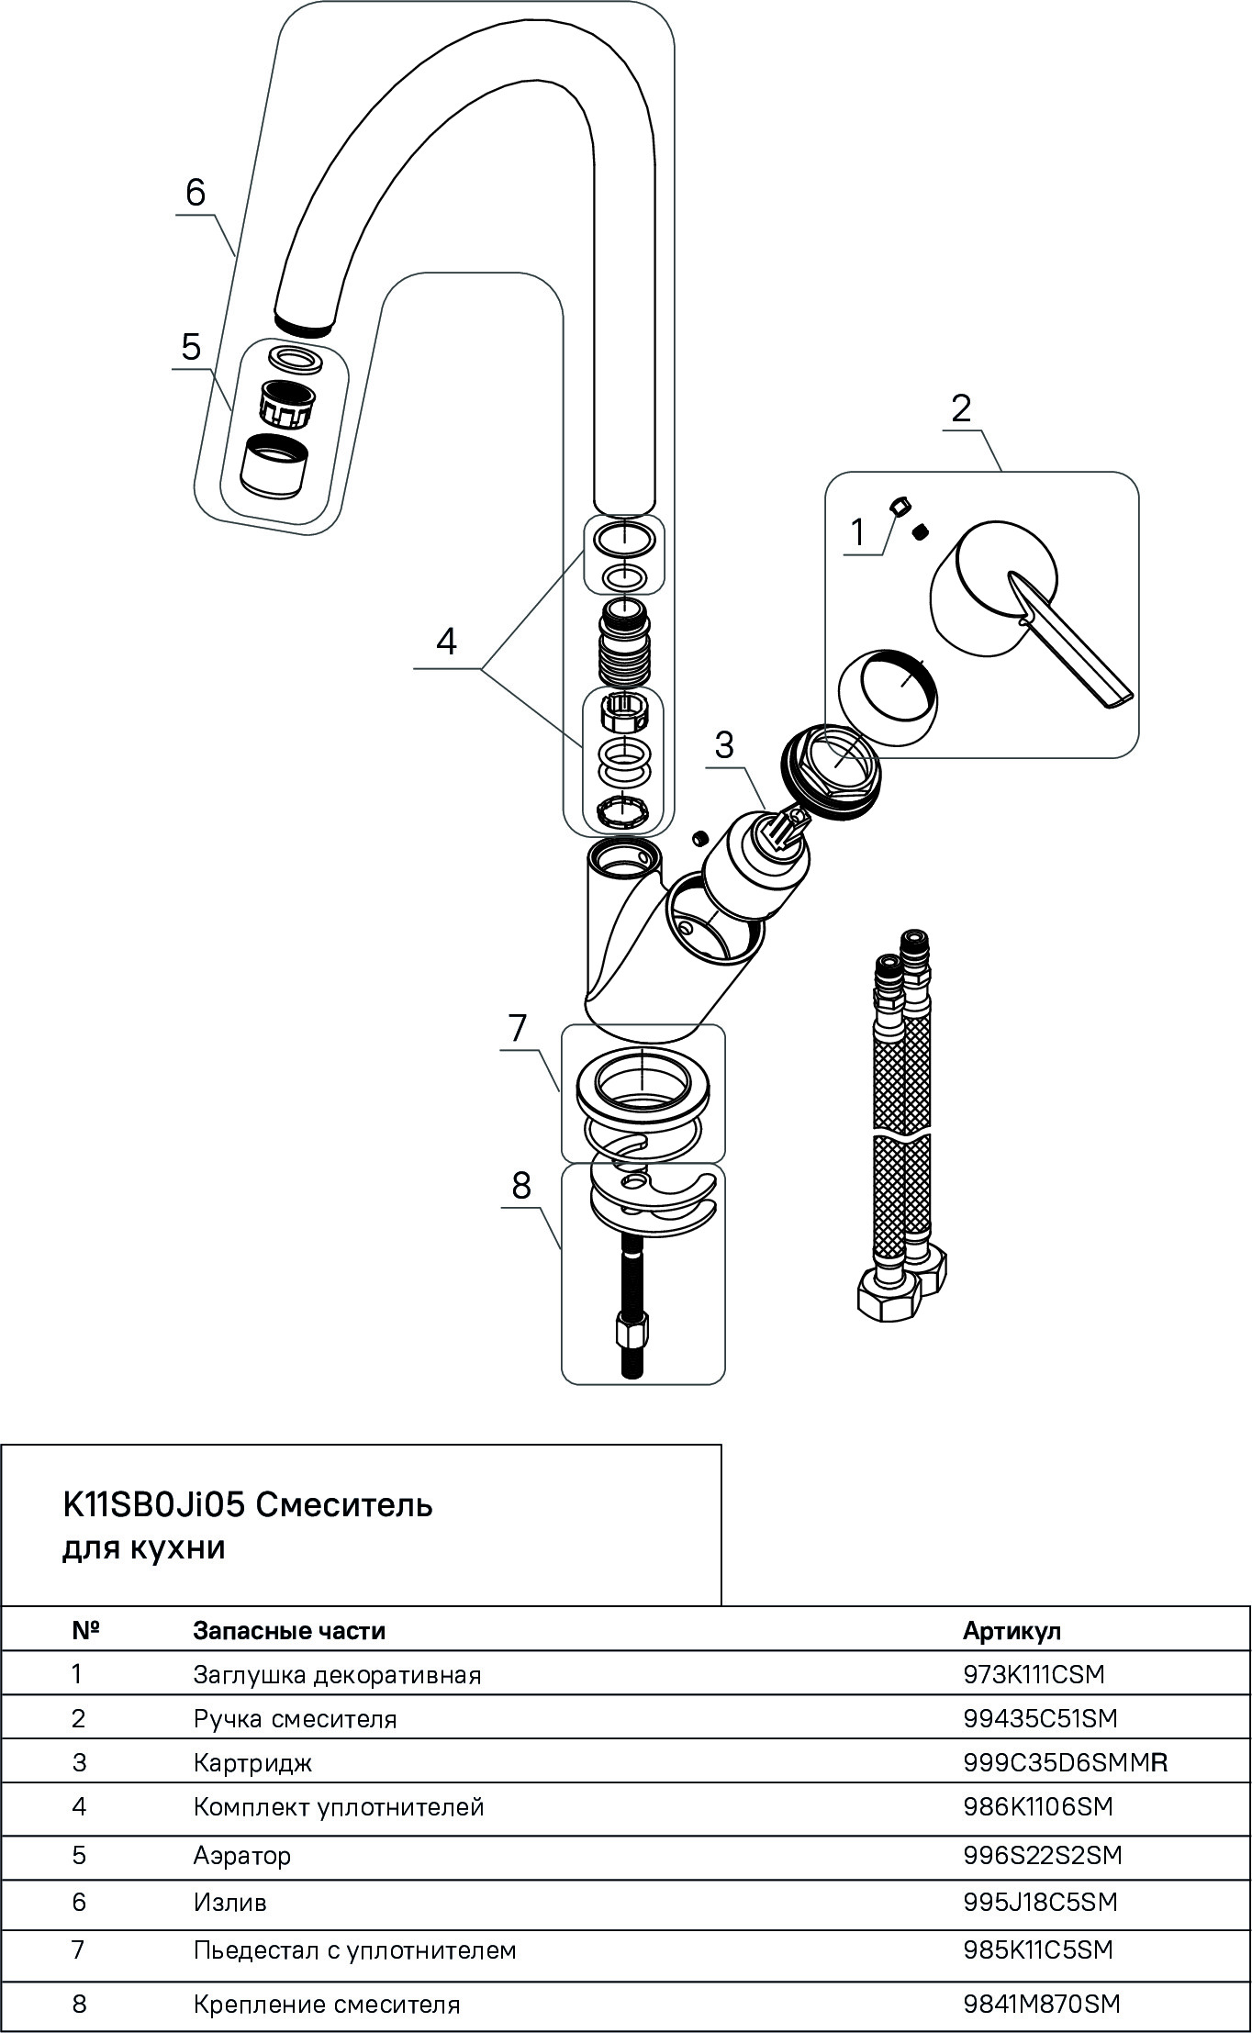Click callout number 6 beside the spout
pos(196,193)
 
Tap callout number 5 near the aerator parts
pos(191,347)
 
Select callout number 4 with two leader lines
pos(446,642)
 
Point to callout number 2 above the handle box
pos(961,408)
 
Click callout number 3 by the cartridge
pos(724,744)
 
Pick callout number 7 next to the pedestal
pos(518,1027)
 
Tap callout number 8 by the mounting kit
pos(521,1185)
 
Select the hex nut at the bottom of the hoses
pos(886,1296)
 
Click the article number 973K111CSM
pos(1034,1675)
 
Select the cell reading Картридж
pos(252,1763)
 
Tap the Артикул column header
pos(1012,1631)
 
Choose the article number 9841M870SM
pos(1042,2005)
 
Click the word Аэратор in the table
pos(242,1856)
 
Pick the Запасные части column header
pos(289,1631)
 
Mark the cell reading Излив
pos(229,1903)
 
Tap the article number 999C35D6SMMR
pos(1065,1763)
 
